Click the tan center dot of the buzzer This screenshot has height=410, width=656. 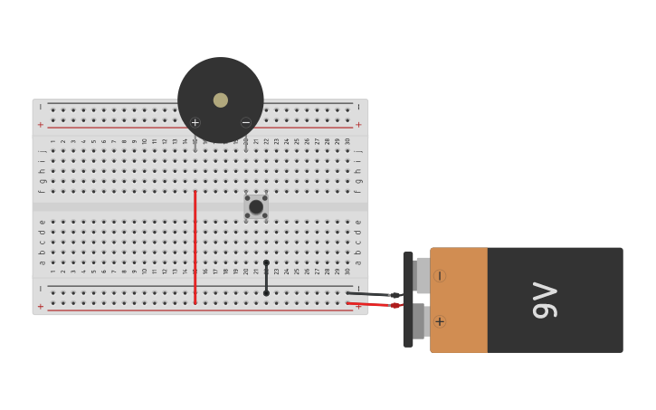tap(221, 100)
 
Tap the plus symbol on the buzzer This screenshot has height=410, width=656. tap(195, 122)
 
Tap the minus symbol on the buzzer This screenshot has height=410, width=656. tap(246, 122)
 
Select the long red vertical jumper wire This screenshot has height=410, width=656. tap(195, 244)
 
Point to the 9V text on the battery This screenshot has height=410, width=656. tap(545, 300)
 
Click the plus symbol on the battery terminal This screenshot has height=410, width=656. tap(440, 321)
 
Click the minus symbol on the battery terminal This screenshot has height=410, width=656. tap(440, 275)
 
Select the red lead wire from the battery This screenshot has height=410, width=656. tap(371, 304)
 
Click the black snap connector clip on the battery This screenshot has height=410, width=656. tap(408, 299)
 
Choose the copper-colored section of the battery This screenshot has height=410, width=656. tap(459, 300)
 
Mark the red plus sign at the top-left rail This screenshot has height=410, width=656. tap(40, 124)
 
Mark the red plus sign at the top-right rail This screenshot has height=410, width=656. tap(358, 124)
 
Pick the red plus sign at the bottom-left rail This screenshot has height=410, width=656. tap(40, 306)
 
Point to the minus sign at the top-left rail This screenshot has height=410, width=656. tap(40, 107)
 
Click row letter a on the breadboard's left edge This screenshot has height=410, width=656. tap(42, 262)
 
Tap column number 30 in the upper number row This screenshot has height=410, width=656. tap(347, 141)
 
